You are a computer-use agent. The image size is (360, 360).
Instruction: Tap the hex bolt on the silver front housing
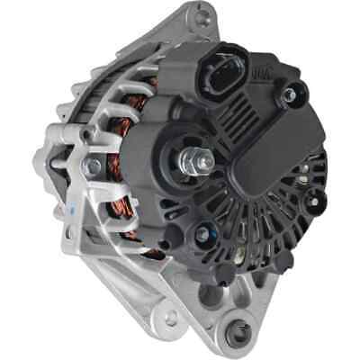point(93,168)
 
